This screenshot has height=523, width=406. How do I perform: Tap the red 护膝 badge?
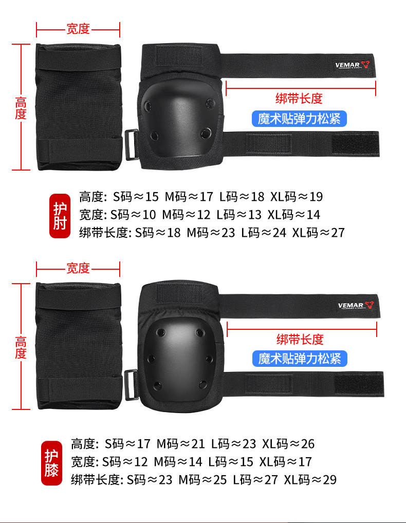(x=51, y=463)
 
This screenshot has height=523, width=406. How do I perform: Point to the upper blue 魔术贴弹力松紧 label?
(x=299, y=119)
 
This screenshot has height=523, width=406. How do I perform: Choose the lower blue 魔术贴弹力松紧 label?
(x=300, y=358)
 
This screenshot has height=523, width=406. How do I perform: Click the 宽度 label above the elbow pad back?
(x=78, y=29)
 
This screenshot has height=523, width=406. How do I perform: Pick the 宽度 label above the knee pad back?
(x=78, y=268)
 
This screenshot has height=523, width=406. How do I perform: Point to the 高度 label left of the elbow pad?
(x=21, y=107)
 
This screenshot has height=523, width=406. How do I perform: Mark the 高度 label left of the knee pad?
(x=21, y=347)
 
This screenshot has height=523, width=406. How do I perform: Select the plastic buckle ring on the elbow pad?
(x=131, y=144)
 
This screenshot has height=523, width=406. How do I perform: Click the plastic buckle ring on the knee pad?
(x=131, y=384)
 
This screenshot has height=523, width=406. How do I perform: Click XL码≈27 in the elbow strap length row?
(x=319, y=233)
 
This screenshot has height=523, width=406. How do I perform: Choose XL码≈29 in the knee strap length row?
(x=310, y=480)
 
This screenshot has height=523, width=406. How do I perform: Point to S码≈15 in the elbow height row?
(x=136, y=197)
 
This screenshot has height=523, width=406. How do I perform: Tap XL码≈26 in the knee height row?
(x=288, y=444)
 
